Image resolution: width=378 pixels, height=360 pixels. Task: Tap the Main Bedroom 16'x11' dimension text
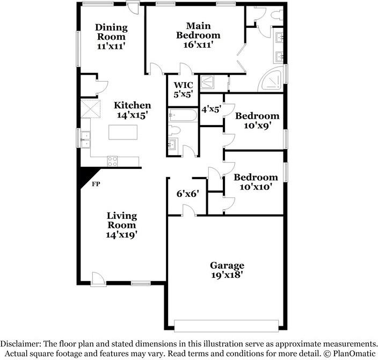tap(203, 45)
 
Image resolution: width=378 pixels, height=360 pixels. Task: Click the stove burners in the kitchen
tap(113, 160)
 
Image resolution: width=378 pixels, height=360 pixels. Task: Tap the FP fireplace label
tap(96, 185)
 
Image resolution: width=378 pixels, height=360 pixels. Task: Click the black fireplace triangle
tap(85, 176)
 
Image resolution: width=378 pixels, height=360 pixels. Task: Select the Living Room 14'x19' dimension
tap(121, 234)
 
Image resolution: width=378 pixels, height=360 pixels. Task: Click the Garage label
tap(227, 265)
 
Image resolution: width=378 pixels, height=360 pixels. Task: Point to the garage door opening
tap(226, 326)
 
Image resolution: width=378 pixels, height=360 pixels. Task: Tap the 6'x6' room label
tap(188, 194)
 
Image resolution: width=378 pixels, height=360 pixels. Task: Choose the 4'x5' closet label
tap(211, 109)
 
